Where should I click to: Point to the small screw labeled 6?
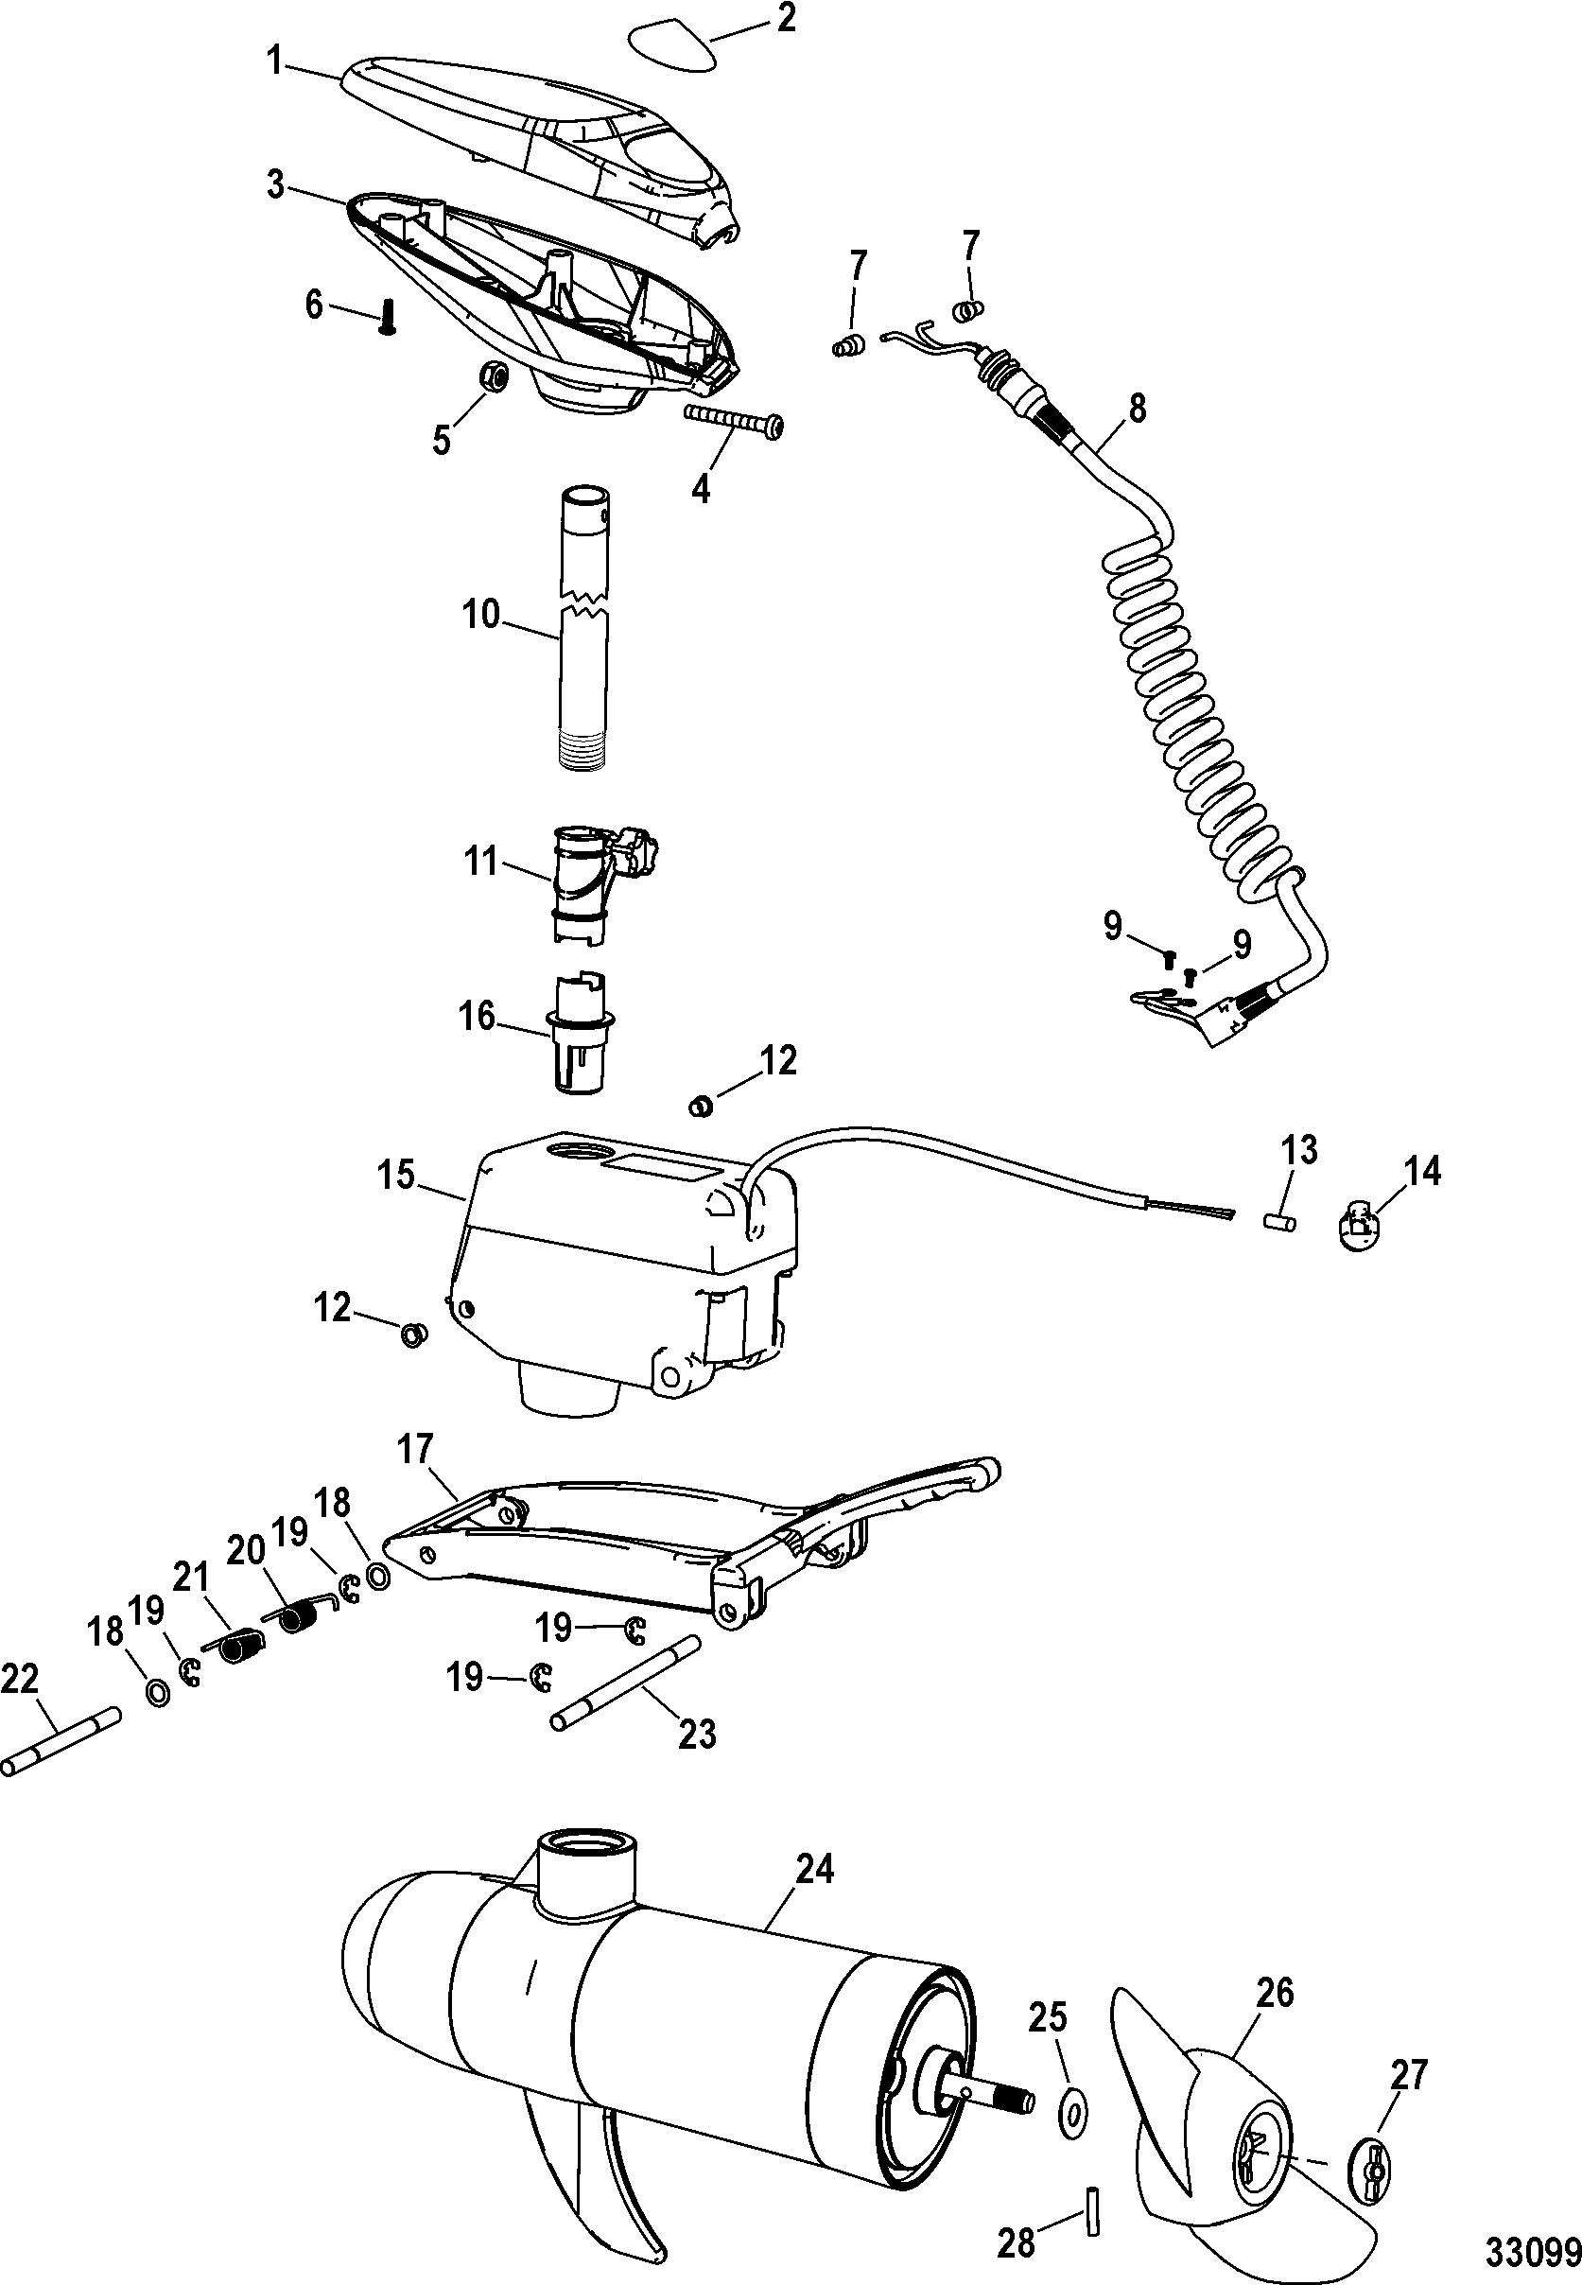385,322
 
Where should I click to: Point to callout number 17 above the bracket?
415,1449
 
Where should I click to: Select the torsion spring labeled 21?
239,1648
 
